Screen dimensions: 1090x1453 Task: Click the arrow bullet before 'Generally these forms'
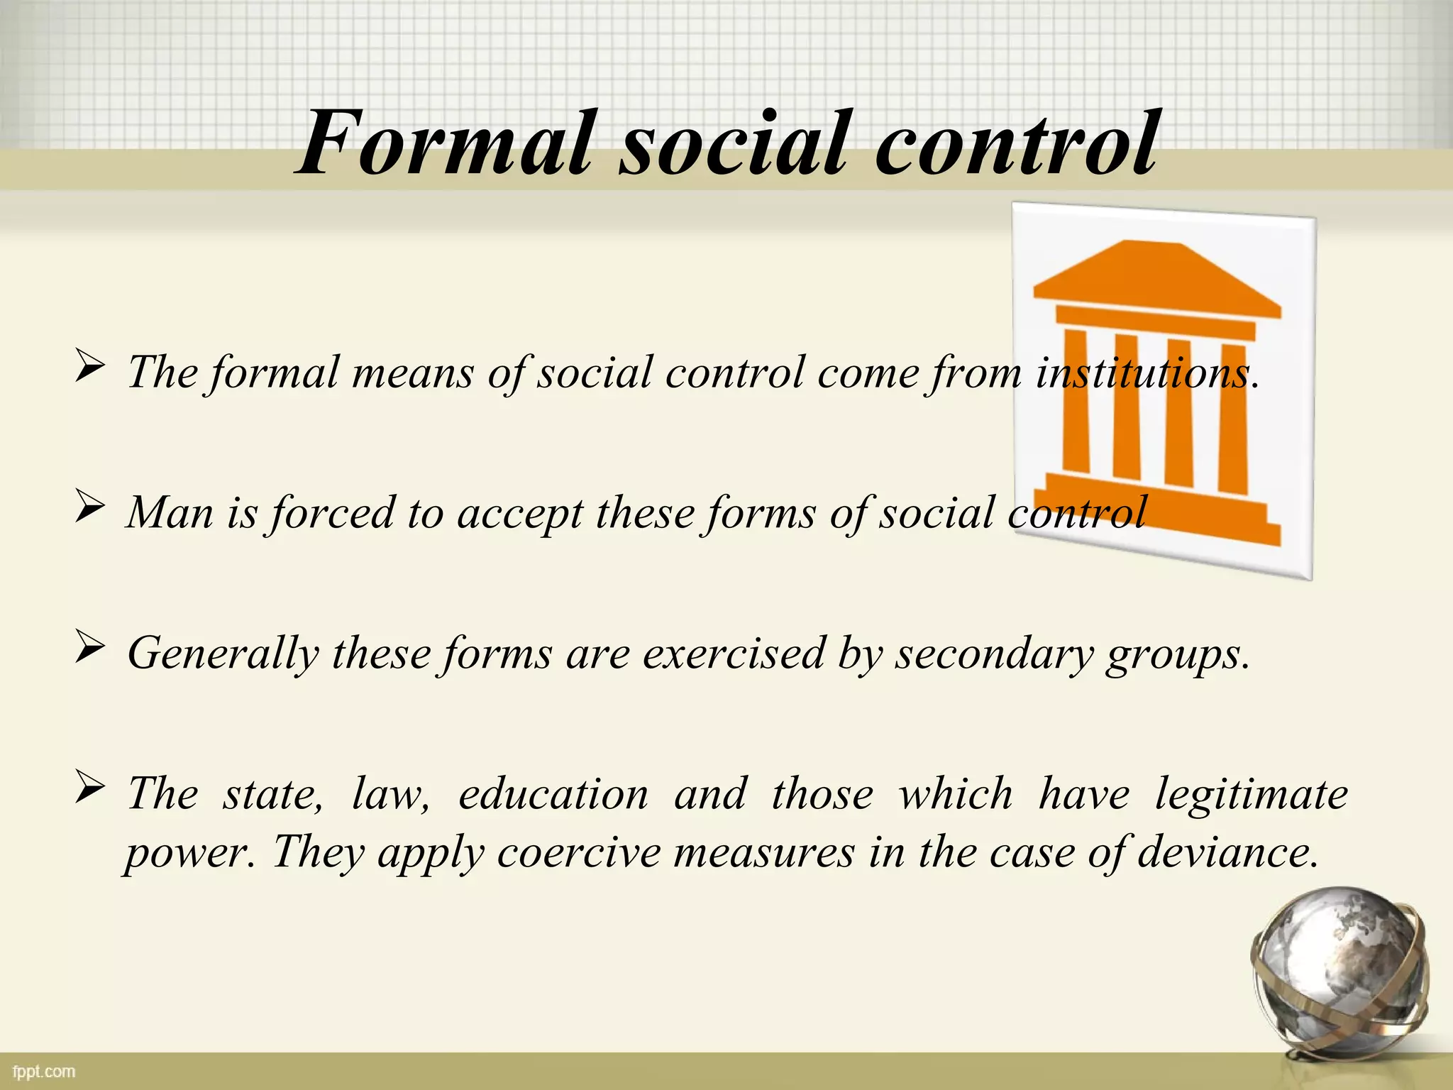(90, 649)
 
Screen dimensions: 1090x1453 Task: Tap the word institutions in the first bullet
(1142, 372)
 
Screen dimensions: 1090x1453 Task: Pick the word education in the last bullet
(553, 793)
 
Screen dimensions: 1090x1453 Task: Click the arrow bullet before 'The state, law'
(90, 788)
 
